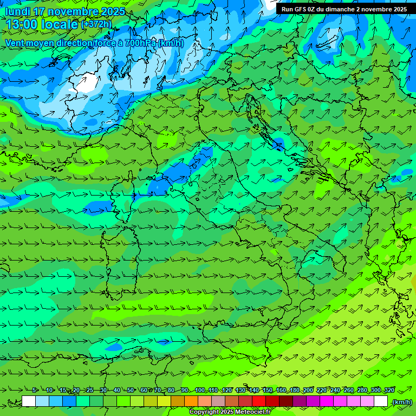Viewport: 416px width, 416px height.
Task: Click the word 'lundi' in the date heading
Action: coord(17,11)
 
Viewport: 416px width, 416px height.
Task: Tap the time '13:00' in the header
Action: coord(22,24)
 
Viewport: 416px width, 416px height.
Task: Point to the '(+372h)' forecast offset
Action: coord(96,24)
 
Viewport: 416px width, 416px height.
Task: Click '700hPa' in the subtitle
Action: coord(140,43)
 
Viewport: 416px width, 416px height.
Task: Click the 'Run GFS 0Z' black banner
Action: coord(344,9)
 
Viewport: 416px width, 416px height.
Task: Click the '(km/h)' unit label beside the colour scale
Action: coord(401,402)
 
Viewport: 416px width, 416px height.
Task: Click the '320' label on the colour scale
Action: coord(389,390)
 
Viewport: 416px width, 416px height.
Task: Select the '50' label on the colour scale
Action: coord(131,390)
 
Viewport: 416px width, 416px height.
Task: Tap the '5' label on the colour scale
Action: coord(35,390)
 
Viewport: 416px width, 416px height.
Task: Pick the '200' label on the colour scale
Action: coord(308,390)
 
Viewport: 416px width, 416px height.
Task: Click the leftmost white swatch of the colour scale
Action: coord(29,401)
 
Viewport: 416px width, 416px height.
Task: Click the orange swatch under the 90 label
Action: coord(191,401)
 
